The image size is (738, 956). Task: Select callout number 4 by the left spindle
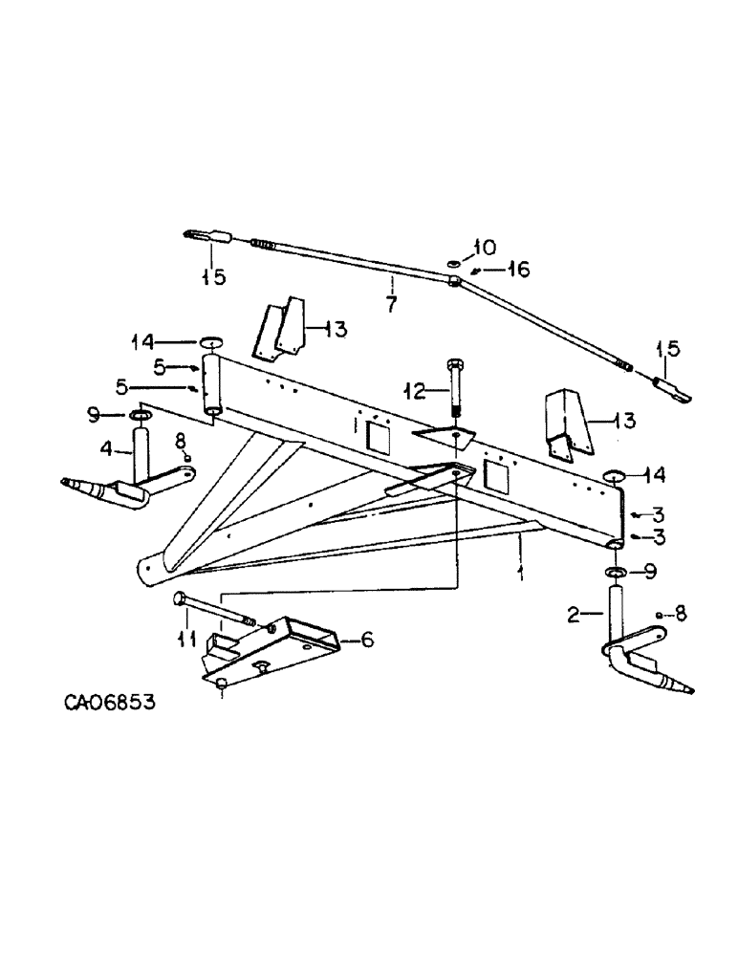[x=107, y=446]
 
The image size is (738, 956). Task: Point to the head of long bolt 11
[x=181, y=599]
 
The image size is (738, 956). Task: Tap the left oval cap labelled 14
[x=210, y=341]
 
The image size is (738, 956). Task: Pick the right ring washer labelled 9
[x=616, y=573]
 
